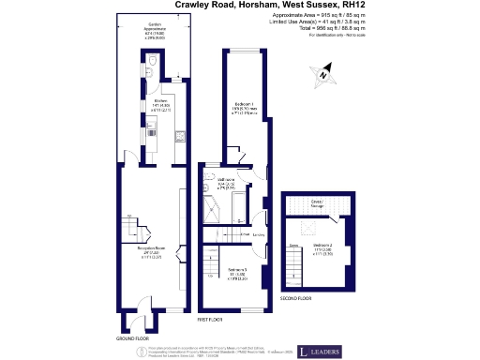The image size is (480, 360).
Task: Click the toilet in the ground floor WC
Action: [x=152, y=67]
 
